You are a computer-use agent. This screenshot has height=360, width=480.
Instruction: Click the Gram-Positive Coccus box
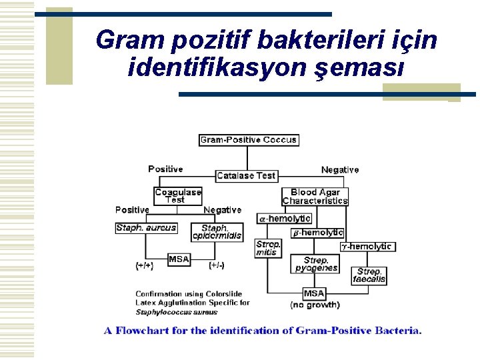tap(248, 140)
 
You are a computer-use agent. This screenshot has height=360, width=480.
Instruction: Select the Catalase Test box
tap(246, 175)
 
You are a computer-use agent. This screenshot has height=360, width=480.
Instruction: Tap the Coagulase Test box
tap(177, 195)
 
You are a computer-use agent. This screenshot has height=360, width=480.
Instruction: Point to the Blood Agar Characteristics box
tap(315, 197)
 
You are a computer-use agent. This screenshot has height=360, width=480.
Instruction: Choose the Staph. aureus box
tap(146, 227)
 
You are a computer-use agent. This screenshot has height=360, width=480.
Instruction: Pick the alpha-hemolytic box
tap(284, 218)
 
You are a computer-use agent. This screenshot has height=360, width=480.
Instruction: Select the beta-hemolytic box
tap(317, 233)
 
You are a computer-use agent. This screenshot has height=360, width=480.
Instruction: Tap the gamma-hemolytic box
tap(366, 247)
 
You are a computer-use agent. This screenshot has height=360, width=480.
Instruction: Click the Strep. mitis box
tap(268, 248)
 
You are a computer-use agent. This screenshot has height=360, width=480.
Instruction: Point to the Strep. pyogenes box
tap(316, 264)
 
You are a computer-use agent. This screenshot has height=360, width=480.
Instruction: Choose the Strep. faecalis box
tap(369, 275)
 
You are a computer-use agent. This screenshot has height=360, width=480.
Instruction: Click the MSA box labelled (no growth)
tap(314, 293)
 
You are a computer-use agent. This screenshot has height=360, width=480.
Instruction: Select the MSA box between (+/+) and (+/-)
tap(179, 259)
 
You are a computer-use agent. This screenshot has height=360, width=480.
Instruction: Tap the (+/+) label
tap(144, 265)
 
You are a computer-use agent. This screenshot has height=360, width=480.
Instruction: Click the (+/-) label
tap(216, 265)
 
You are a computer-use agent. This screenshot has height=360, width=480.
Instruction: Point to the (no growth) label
tap(315, 305)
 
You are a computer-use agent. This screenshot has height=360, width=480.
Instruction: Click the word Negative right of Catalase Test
tap(340, 170)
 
